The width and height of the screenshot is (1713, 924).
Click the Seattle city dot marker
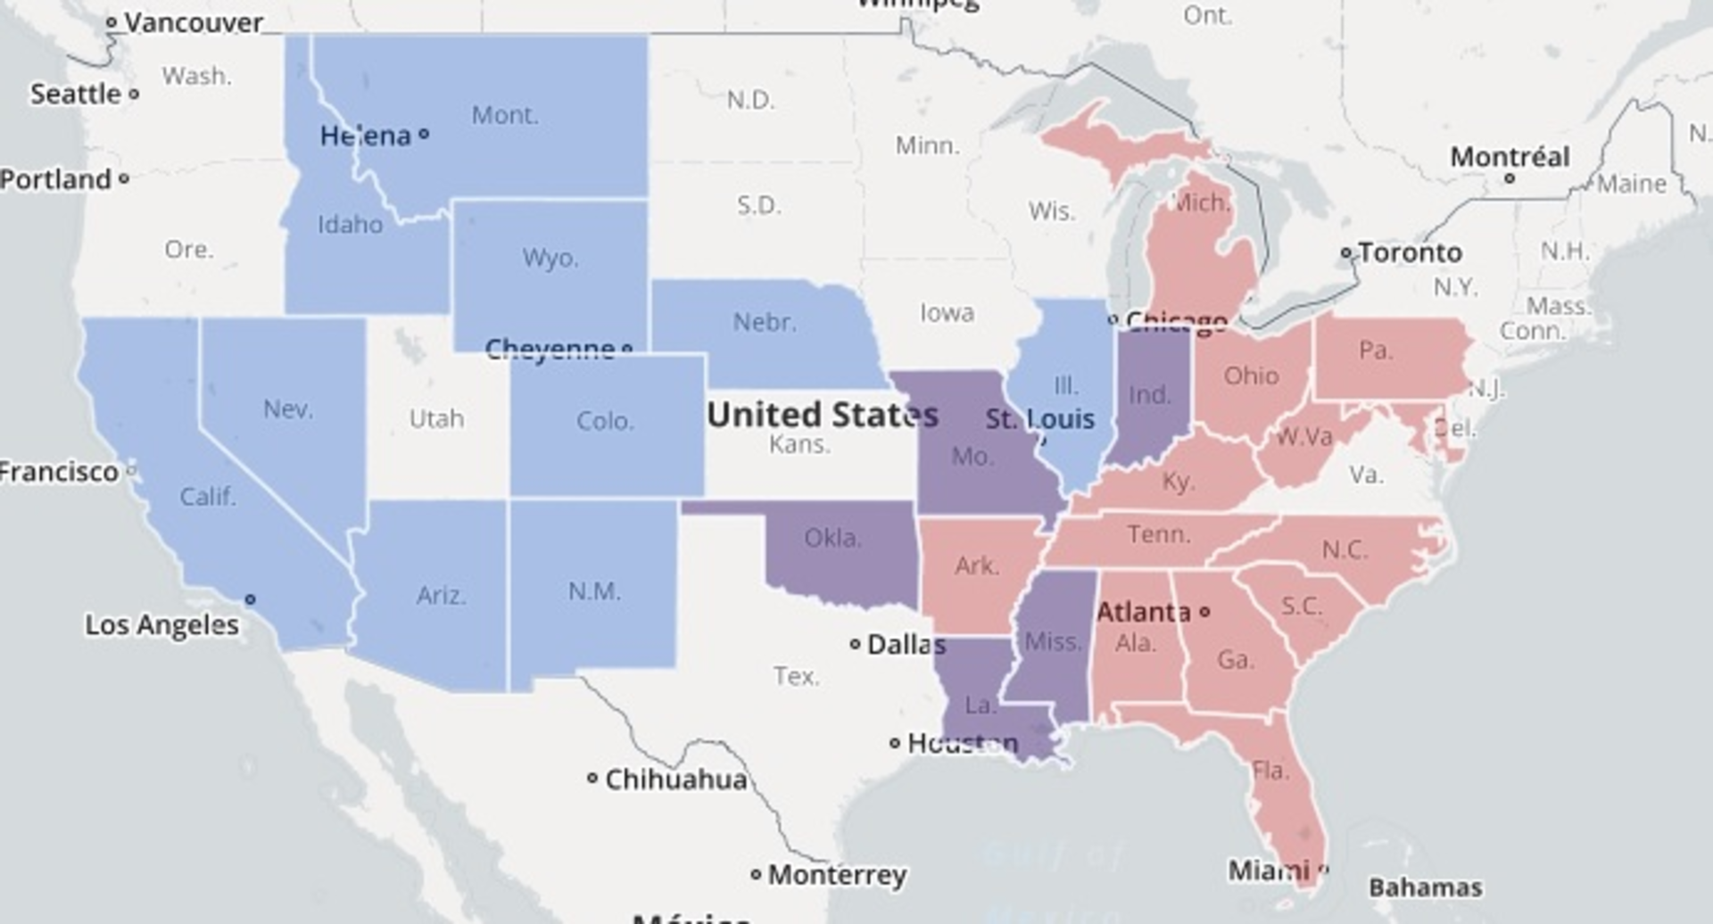click(134, 93)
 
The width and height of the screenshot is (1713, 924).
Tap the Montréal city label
click(1509, 157)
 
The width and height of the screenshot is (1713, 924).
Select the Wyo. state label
click(550, 259)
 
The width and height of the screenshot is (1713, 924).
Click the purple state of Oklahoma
click(839, 553)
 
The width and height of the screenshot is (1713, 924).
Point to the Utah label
click(436, 418)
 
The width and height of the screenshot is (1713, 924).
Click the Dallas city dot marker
click(855, 643)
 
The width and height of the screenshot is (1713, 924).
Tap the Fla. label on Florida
click(1270, 770)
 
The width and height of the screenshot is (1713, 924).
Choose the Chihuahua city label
click(675, 780)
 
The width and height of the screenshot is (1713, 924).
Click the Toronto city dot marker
click(1346, 253)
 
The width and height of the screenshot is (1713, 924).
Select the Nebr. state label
click(765, 322)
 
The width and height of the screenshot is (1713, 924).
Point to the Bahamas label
click(1425, 887)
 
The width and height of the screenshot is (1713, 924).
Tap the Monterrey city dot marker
click(756, 874)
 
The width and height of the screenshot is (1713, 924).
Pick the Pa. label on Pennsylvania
click(1375, 351)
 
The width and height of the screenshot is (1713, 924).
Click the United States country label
click(822, 415)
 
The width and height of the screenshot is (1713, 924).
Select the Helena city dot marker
click(424, 135)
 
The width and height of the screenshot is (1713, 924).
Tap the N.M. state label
click(594, 591)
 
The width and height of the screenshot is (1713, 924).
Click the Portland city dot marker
click(124, 178)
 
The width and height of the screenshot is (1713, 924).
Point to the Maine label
click(1631, 184)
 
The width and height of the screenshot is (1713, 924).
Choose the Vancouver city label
click(193, 22)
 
